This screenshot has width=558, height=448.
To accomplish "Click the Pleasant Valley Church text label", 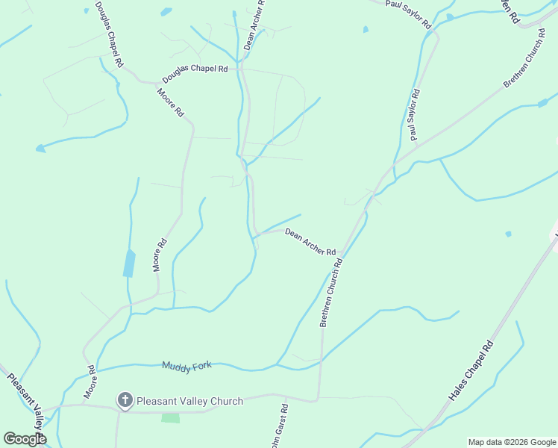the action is [x=189, y=401].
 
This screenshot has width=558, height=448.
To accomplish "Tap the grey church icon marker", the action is [x=125, y=401].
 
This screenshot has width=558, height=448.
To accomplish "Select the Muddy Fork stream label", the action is [x=186, y=365].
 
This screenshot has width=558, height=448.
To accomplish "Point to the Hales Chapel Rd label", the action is [x=471, y=371].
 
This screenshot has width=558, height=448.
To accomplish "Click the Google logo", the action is [x=25, y=439].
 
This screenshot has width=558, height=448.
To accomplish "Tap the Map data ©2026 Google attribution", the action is [x=512, y=442].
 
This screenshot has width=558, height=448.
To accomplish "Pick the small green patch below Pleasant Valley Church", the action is [x=171, y=417].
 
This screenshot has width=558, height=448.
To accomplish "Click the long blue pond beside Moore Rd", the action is [x=129, y=263].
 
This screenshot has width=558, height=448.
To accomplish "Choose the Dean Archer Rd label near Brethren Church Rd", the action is [x=310, y=242].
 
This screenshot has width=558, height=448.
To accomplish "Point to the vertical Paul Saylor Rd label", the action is [x=414, y=115].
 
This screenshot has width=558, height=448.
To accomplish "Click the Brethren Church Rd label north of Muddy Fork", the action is [x=331, y=293].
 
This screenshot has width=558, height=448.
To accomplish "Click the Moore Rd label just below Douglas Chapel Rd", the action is [x=170, y=102].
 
